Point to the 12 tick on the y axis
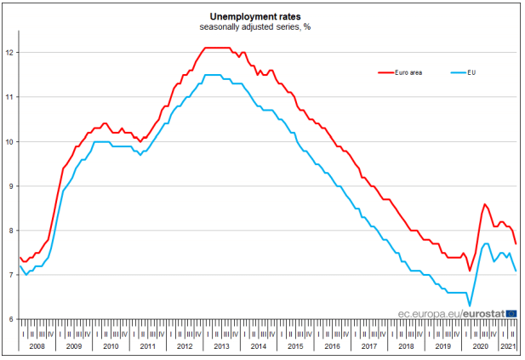(9, 53)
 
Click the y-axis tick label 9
(11, 186)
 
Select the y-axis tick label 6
(11, 319)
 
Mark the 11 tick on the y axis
(9, 97)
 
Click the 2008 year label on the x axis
(37, 346)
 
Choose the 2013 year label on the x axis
(221, 346)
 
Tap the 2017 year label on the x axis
(368, 346)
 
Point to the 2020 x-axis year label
(479, 346)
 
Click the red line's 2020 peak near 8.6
(484, 204)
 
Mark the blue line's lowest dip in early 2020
(469, 306)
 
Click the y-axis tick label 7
(11, 275)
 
